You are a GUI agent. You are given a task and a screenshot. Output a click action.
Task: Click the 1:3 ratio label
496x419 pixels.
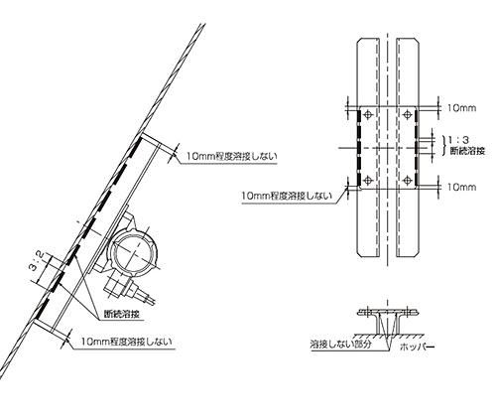[x=459, y=140]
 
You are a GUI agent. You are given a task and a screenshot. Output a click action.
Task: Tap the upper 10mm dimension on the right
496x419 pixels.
[x=461, y=108]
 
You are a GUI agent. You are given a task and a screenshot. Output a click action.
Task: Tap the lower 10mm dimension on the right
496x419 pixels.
[x=461, y=187]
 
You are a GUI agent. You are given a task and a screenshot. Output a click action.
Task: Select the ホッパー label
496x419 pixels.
[x=417, y=347]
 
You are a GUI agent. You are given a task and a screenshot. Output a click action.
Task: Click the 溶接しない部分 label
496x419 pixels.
[x=340, y=344]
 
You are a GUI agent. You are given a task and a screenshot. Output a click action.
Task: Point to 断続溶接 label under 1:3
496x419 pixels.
[x=467, y=151]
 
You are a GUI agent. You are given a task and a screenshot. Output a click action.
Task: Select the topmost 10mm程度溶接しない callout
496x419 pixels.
[x=231, y=156]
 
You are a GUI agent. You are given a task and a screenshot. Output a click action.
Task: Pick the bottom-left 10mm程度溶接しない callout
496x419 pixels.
[x=127, y=342]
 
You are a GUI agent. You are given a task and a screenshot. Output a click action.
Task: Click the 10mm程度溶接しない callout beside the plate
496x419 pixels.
[x=287, y=196]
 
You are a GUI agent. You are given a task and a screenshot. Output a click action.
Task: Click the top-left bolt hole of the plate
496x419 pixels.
[x=367, y=115]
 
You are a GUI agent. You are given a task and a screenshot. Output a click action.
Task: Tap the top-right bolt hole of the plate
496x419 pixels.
[x=408, y=115]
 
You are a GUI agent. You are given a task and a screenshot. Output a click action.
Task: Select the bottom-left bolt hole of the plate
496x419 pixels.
[x=367, y=181]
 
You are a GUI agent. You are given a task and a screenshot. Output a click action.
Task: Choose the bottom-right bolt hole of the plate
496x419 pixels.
[x=408, y=181]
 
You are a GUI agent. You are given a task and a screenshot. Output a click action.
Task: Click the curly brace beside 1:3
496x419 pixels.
[x=444, y=145]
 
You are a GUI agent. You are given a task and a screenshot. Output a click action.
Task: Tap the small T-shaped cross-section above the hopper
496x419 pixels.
[x=388, y=321]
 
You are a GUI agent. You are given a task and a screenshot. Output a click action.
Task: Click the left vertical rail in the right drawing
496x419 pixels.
[x=368, y=147]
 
